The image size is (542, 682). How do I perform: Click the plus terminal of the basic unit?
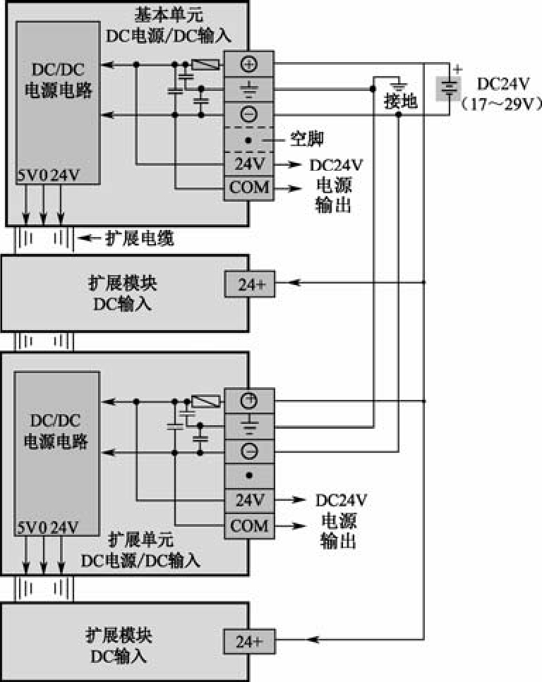point(248,64)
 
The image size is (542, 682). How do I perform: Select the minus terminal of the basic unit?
point(248,114)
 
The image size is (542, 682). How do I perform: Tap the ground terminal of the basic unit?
point(248,90)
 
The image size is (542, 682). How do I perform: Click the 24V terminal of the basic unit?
point(248,164)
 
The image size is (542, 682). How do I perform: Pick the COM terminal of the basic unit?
point(248,188)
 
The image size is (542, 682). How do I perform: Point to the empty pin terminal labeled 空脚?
point(248,140)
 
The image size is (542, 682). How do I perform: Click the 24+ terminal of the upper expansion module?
point(250,284)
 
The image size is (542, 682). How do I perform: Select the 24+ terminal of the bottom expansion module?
point(250,641)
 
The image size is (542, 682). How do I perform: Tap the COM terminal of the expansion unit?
point(249,526)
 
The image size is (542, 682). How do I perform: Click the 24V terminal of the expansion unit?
point(249,501)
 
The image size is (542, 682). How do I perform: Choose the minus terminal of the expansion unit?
point(249,451)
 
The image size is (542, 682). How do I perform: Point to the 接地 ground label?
point(401,102)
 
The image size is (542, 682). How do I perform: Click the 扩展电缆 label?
point(139,238)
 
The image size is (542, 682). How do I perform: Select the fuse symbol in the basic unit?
point(205,65)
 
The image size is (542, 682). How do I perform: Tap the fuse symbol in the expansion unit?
point(205,401)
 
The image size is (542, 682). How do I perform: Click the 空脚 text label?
point(307,139)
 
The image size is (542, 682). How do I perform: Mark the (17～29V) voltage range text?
point(500,104)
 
